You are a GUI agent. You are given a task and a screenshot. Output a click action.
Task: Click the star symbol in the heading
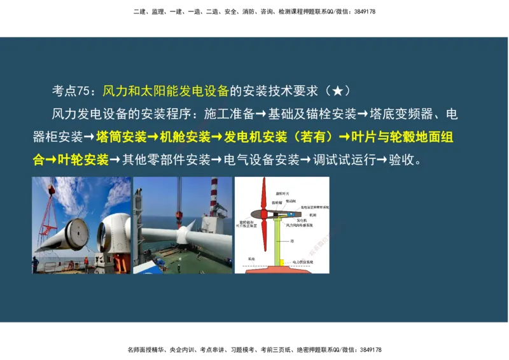(x=337, y=91)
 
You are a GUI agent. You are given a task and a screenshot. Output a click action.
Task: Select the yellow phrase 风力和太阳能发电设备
(x=165, y=91)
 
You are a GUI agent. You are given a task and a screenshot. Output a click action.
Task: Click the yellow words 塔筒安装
(x=122, y=137)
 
